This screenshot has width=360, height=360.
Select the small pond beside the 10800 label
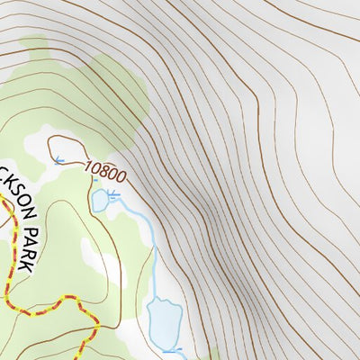(x=99, y=201)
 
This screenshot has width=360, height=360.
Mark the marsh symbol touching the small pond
(x=112, y=193)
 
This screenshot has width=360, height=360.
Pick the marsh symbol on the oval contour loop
(x=58, y=161)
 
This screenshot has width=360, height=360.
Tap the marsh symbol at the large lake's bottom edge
(x=175, y=348)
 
